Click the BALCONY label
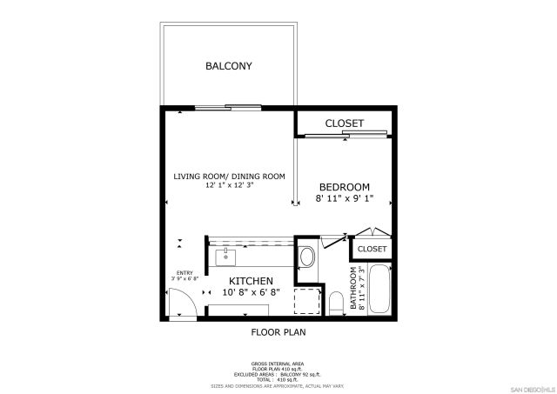(228, 66)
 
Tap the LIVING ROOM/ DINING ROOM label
(229, 177)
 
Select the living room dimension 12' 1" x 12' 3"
(229, 185)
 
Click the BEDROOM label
(344, 187)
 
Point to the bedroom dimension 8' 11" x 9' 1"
(344, 198)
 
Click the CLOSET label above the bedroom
(344, 124)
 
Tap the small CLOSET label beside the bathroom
(372, 249)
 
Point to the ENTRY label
(185, 273)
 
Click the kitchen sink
(225, 257)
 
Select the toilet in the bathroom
(335, 302)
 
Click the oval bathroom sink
(306, 257)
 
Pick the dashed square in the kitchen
(305, 300)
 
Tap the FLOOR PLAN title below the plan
(278, 331)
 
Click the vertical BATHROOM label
(353, 289)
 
